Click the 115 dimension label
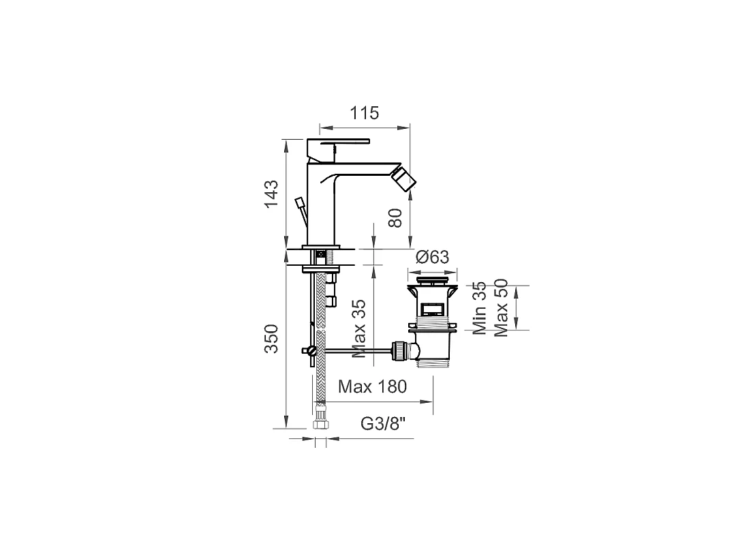tap(364, 113)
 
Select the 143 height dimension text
tap(271, 194)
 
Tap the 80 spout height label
tap(396, 218)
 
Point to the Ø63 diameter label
tap(432, 257)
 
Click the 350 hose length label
tap(271, 339)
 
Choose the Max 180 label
tap(372, 386)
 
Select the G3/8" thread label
tap(382, 424)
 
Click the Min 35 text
tap(479, 308)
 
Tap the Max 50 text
tap(501, 308)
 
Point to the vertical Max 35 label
tap(358, 328)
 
